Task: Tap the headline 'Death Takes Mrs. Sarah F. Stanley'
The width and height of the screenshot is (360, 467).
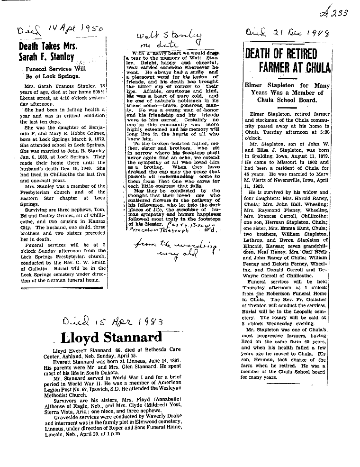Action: click(47, 52)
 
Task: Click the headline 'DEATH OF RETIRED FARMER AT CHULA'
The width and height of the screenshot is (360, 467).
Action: click(287, 60)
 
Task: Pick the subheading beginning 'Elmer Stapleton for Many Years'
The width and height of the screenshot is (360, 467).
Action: click(287, 92)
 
